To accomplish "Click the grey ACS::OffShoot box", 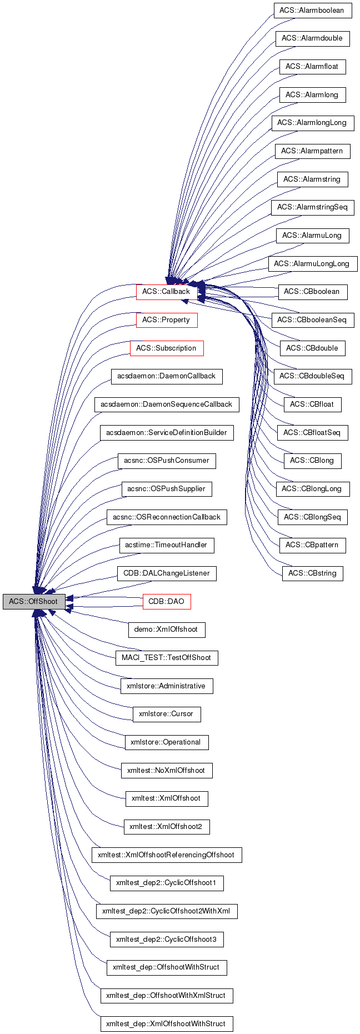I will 33,601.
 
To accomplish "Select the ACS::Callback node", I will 166,292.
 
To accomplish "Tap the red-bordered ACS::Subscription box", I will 166,348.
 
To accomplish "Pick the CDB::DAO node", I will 166,601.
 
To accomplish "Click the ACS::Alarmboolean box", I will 312,11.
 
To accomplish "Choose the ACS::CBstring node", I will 312,573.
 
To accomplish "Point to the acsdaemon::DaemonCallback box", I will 166,376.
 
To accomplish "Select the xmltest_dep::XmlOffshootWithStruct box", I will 166,1023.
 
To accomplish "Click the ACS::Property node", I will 166,320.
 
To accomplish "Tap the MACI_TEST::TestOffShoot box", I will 166,658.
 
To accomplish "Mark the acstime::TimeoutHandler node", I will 166,545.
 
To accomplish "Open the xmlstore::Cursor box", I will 166,714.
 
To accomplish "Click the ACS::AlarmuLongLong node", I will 312,264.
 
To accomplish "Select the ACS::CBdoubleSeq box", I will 312,376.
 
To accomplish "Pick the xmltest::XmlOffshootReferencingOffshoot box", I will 166,855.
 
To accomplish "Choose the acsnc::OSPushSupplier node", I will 166,489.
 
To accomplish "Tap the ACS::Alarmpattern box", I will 312,151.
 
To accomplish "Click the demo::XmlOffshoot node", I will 166,630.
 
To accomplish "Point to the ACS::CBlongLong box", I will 312,489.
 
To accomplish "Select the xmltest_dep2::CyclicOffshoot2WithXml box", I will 166,911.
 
